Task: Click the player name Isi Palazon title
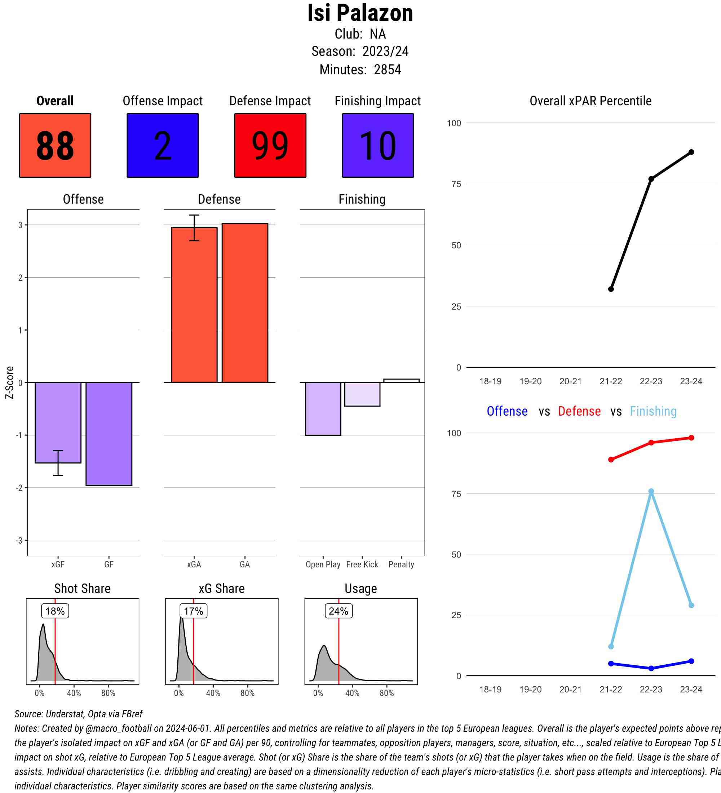point(360,13)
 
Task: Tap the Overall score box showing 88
point(55,146)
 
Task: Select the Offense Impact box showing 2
point(163,146)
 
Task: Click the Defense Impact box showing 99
point(270,146)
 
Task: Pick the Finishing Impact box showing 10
point(377,146)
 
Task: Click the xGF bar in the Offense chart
point(58,422)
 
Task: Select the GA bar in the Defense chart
point(245,303)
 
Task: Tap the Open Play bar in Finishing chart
point(323,409)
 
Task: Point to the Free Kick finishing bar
point(362,394)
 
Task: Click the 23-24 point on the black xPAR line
point(691,152)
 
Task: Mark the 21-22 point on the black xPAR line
point(611,289)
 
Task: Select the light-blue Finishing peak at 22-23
point(651,491)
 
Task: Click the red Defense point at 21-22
point(611,460)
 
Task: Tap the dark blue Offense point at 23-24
point(691,661)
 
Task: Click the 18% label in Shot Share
point(55,611)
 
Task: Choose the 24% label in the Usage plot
point(338,611)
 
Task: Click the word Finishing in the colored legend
point(653,411)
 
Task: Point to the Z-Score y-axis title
point(10,382)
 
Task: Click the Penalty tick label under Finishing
point(401,564)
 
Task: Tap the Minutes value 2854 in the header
point(388,70)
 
